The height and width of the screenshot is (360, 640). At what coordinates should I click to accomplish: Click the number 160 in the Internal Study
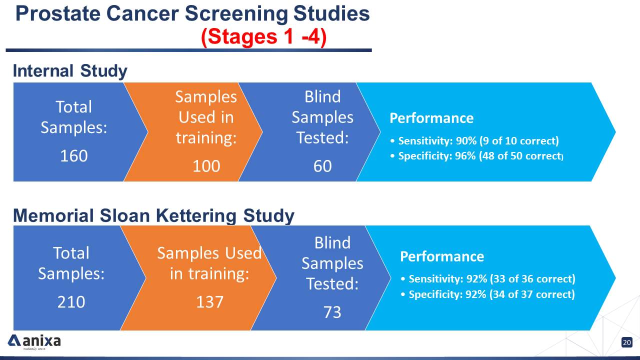73,156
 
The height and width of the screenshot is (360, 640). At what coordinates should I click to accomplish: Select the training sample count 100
206,165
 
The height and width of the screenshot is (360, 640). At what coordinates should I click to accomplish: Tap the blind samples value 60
322,165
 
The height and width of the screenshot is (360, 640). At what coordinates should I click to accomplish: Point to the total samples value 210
71,302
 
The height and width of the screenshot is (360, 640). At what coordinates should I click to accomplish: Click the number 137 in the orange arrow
209,302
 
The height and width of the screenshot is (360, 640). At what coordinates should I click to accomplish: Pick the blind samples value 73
332,312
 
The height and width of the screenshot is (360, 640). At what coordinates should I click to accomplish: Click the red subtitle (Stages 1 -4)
263,37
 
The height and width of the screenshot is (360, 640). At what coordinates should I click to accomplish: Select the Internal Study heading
70,71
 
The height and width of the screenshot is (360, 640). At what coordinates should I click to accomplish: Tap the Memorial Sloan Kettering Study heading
153,216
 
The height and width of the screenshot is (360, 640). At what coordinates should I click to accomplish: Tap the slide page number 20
627,342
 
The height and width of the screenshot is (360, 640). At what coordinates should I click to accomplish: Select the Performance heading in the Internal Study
431,118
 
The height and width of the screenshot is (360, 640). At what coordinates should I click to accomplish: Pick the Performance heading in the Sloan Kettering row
442,256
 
